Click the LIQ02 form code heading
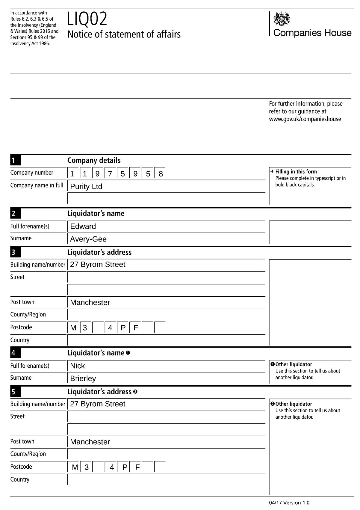(87, 19)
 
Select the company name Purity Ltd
(86, 186)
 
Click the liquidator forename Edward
(83, 226)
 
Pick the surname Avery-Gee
(88, 239)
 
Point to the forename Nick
(77, 366)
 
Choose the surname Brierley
(83, 378)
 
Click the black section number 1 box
(16, 160)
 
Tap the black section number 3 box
(16, 252)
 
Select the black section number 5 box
(16, 392)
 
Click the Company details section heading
(94, 160)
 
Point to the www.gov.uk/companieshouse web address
(305, 119)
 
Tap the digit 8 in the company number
(161, 174)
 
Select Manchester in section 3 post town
(90, 302)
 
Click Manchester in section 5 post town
(90, 442)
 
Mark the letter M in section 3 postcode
(73, 328)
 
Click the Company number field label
(32, 173)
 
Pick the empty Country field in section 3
(166, 340)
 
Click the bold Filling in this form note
(296, 172)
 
